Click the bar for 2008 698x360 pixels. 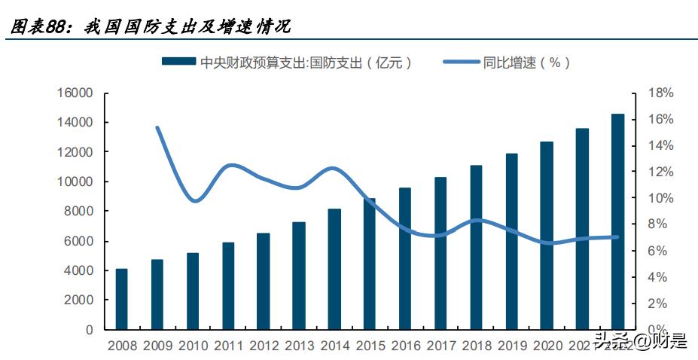coord(121,299)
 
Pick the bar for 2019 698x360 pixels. coord(511,241)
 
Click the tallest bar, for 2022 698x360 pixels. coord(617,221)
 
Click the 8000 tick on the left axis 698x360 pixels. coord(80,212)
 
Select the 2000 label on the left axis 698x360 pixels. coord(80,300)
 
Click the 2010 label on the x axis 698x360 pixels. coord(192,346)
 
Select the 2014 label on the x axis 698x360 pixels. coord(334,346)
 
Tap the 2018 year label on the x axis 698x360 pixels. coord(476,346)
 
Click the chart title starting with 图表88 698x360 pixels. coord(151,26)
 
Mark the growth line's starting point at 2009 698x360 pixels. coord(157,128)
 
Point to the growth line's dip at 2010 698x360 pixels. coord(194,200)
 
